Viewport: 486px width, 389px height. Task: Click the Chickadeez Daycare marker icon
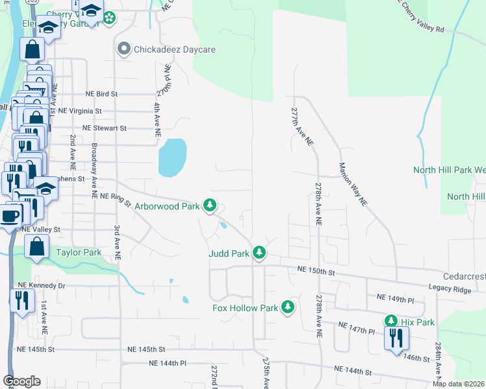[123, 49]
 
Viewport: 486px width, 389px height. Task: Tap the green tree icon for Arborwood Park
[209, 206]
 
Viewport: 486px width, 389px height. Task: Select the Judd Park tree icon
[259, 252]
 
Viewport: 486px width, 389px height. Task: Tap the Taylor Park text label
[79, 252]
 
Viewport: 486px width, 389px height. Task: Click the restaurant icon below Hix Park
[394, 338]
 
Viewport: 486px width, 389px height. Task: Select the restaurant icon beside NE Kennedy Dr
[21, 300]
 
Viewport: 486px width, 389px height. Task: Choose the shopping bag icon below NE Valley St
[36, 246]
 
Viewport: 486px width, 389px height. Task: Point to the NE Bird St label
[97, 94]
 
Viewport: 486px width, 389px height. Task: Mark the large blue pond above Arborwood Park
[172, 158]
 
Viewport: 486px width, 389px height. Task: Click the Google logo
[21, 381]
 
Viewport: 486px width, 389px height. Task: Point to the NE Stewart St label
[96, 128]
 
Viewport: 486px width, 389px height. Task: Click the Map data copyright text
[458, 384]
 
